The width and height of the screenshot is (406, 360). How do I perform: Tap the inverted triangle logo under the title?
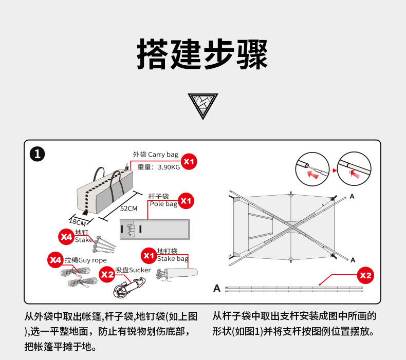(202, 106)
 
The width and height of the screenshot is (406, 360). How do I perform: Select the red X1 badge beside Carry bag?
(190, 161)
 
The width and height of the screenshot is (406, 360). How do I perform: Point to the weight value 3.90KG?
(169, 167)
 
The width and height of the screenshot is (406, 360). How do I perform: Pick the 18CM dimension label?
(77, 222)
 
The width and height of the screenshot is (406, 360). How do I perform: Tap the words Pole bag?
(163, 204)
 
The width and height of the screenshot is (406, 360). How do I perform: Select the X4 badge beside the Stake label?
(66, 237)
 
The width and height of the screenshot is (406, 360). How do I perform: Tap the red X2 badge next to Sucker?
(107, 274)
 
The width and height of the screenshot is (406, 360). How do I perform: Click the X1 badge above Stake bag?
(149, 255)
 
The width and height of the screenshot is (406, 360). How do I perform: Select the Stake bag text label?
(173, 259)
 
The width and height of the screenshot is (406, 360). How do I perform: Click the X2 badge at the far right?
(365, 275)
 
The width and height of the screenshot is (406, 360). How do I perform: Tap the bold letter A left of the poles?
(217, 288)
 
